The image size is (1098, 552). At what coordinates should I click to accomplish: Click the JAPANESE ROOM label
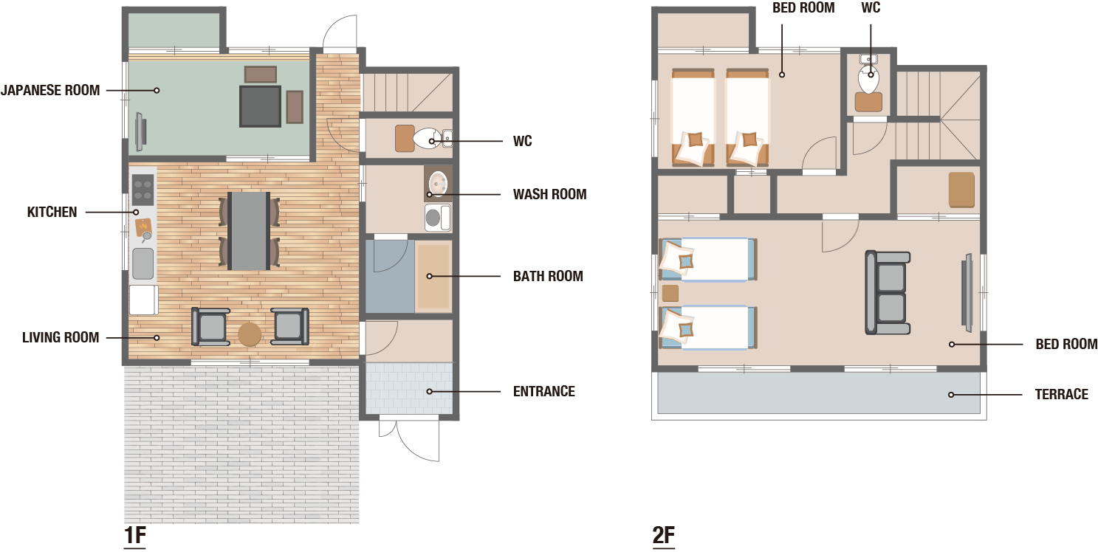click(50, 90)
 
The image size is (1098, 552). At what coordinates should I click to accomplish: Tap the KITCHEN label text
click(52, 212)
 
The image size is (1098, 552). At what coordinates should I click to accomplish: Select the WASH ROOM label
click(549, 194)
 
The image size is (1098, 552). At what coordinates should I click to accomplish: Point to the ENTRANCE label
click(544, 391)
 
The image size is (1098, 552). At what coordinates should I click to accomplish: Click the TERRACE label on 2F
click(1061, 394)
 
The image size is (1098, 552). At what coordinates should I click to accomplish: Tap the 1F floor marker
click(135, 535)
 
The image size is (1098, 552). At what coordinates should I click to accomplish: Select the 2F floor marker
click(664, 535)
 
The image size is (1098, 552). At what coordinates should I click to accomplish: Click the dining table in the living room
click(249, 231)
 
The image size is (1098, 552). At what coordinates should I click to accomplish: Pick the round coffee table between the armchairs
click(250, 334)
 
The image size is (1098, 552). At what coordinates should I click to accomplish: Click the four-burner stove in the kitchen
click(143, 190)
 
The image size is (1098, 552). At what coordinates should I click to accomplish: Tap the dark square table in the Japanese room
click(260, 106)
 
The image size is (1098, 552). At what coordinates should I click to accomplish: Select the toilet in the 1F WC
click(427, 139)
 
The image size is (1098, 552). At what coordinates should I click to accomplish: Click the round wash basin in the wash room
click(438, 184)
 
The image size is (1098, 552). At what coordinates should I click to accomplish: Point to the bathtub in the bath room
click(433, 276)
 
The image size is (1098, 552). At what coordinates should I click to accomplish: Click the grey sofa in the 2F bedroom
click(888, 293)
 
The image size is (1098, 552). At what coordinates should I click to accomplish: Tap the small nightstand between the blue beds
click(670, 294)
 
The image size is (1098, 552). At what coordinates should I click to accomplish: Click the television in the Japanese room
click(140, 132)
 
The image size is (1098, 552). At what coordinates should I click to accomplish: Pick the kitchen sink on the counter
click(143, 263)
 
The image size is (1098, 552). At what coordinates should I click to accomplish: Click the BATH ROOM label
click(548, 276)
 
